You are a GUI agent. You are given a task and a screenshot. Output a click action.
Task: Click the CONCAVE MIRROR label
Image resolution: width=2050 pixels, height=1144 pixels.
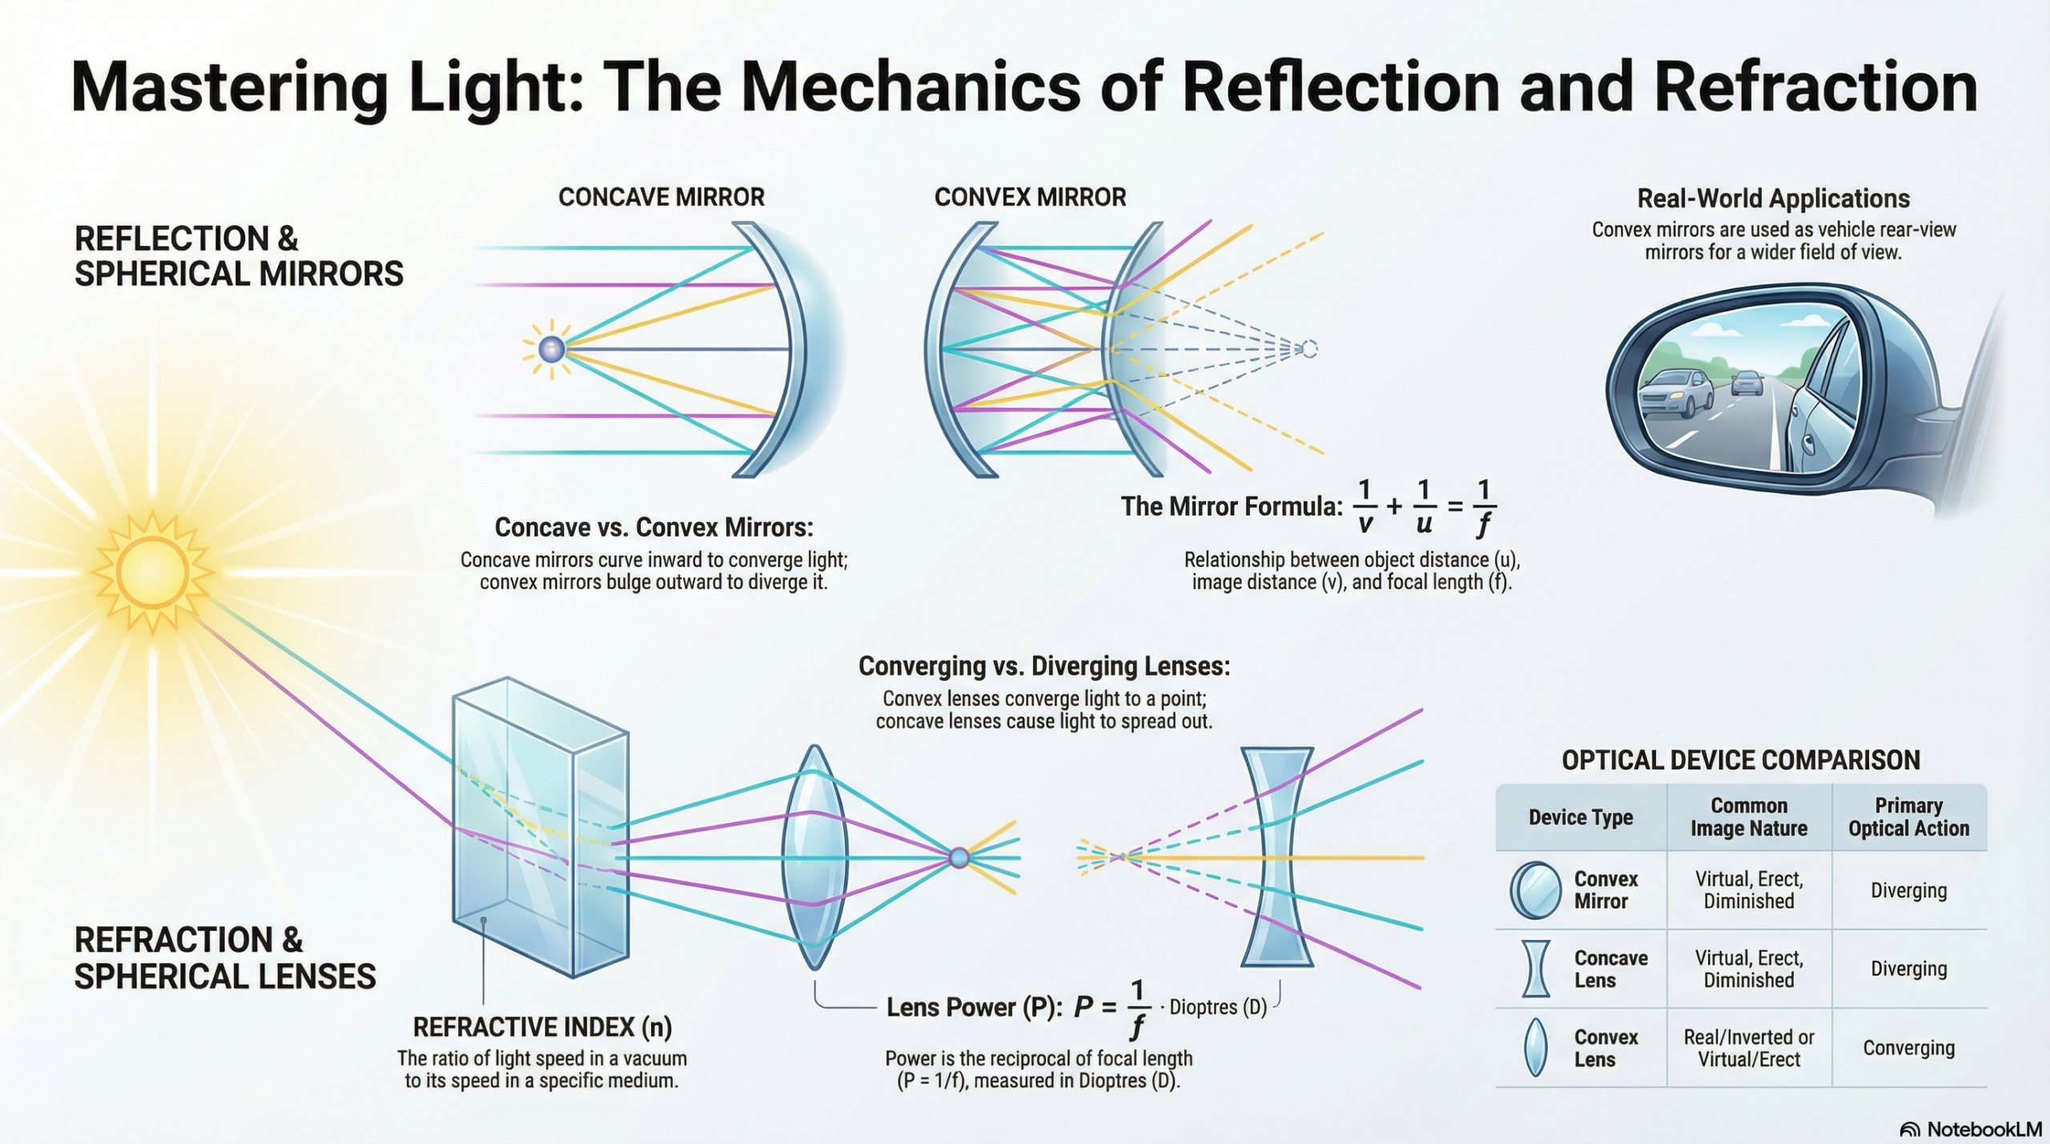[x=661, y=197]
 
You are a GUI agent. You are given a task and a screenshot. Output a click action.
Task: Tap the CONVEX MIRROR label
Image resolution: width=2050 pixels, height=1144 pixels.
[x=1030, y=197]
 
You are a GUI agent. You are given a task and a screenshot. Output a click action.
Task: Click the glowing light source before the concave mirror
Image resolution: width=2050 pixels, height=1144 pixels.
[x=551, y=349]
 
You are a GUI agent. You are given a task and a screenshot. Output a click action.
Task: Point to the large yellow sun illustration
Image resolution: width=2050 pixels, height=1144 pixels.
[x=152, y=572]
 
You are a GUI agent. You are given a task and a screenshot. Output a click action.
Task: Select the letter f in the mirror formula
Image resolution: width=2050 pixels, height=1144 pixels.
[x=1484, y=524]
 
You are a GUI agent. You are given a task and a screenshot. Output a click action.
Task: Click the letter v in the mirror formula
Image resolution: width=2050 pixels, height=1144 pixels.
[x=1365, y=524]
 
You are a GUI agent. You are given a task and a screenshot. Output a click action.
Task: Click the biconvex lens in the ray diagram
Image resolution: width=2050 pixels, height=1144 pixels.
[x=814, y=857]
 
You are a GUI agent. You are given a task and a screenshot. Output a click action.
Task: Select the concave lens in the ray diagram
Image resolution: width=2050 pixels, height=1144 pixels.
[x=1276, y=857]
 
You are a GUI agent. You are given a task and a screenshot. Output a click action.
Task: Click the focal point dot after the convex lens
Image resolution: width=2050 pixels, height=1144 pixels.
[x=959, y=858]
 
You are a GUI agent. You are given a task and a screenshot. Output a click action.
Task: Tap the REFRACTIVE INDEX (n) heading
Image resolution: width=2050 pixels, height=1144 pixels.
[x=542, y=1026]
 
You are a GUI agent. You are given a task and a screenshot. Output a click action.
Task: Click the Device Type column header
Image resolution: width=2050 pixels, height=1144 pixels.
[x=1580, y=817]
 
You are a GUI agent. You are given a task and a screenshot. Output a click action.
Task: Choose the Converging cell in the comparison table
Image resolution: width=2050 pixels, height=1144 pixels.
[x=1908, y=1048]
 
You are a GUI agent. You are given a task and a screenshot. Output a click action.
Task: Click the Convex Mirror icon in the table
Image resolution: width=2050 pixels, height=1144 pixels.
[x=1535, y=890]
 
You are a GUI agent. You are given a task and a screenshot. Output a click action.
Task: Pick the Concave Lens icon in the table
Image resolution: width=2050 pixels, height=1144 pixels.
[x=1535, y=969]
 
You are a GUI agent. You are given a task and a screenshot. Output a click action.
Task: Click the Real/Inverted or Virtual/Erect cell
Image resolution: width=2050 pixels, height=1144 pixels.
[x=1749, y=1048]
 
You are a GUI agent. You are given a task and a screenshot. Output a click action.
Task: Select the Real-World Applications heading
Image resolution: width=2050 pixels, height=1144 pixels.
[x=1773, y=199]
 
